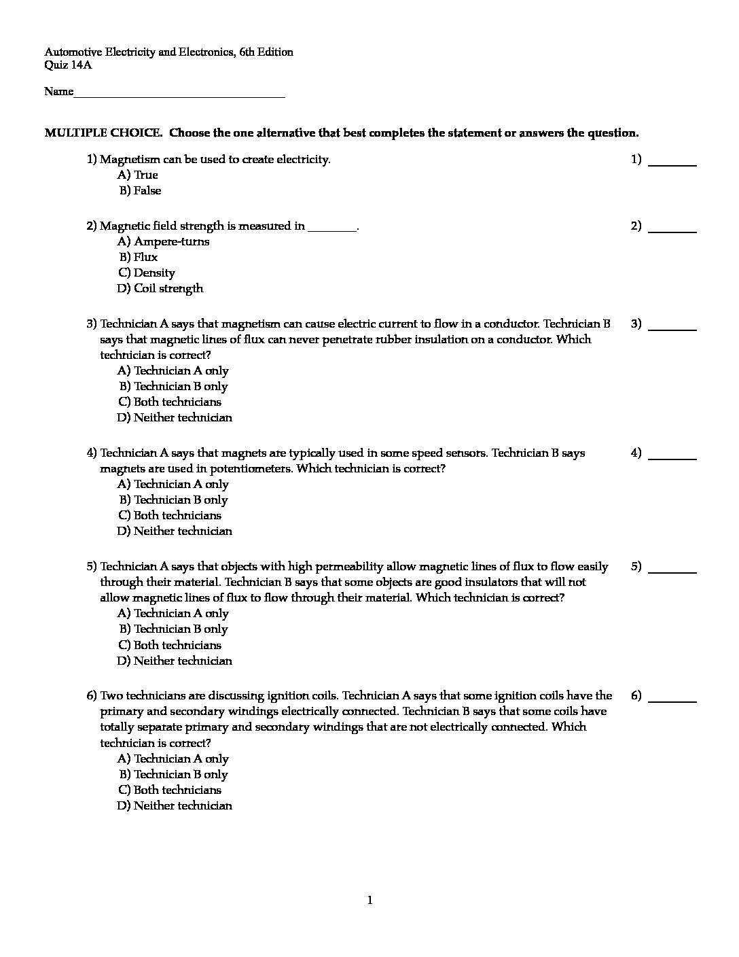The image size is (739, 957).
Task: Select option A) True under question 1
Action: pyautogui.click(x=137, y=175)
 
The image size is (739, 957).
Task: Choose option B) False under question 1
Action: pyautogui.click(x=140, y=191)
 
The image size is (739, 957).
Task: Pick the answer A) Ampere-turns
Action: pyautogui.click(x=163, y=242)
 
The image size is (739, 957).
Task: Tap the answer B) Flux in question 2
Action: pyautogui.click(x=139, y=258)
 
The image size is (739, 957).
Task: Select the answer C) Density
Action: pyautogui.click(x=147, y=273)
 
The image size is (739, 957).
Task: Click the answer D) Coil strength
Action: pyautogui.click(x=160, y=289)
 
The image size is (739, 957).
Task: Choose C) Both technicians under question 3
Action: pyautogui.click(x=170, y=402)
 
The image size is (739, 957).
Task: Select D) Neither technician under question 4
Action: pyautogui.click(x=175, y=532)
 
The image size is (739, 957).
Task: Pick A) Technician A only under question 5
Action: pyautogui.click(x=173, y=614)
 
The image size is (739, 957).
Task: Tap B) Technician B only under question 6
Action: pyautogui.click(x=173, y=775)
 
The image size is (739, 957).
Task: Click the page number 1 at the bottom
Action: pyautogui.click(x=369, y=901)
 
